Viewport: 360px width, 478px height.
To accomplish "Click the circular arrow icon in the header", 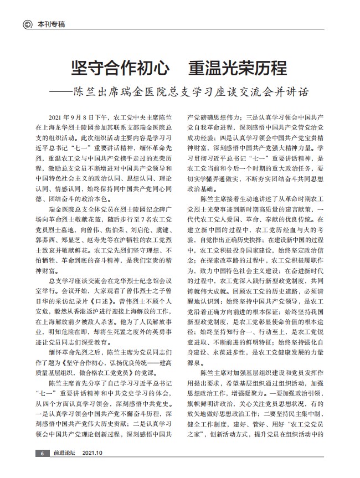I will coord(26,24).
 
